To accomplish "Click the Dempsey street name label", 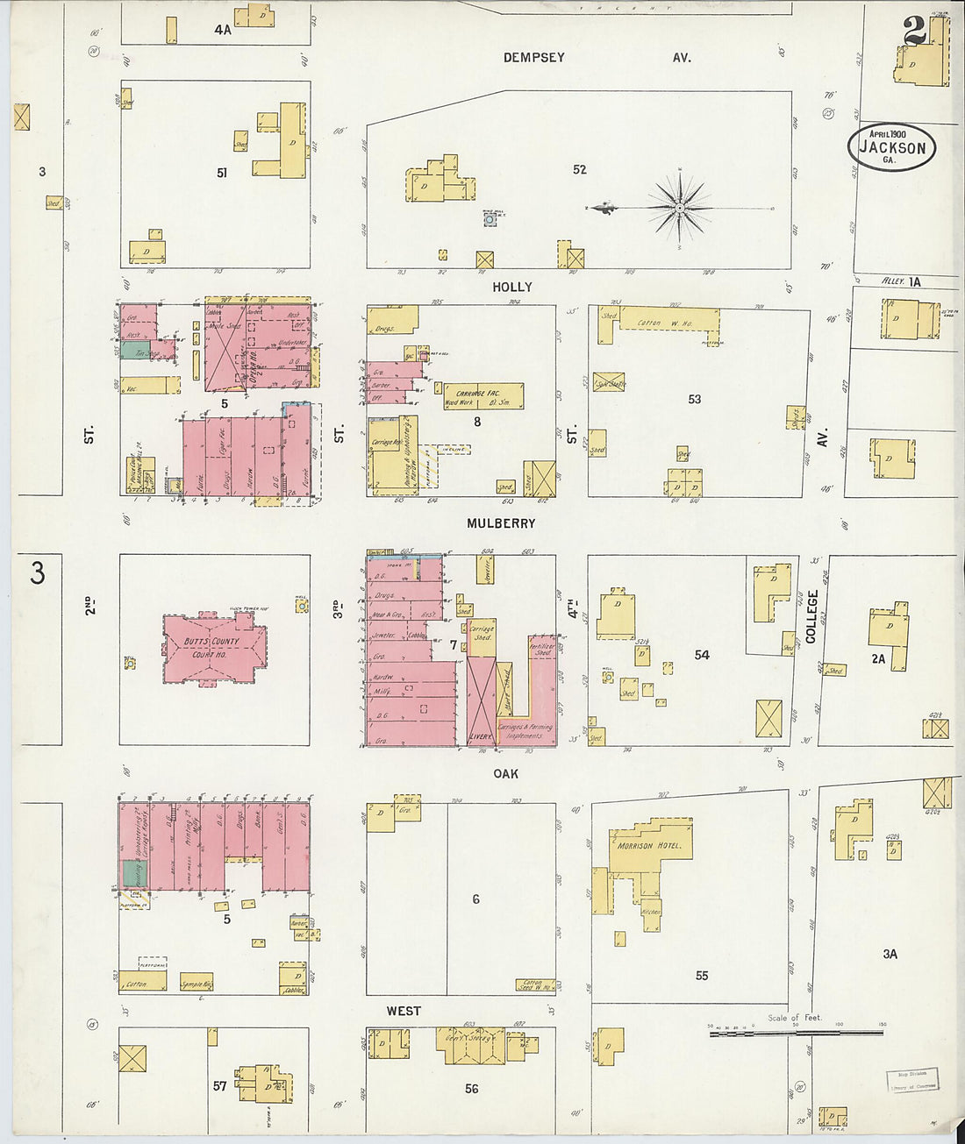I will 533,58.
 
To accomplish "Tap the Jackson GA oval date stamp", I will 891,147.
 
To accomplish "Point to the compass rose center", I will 680,208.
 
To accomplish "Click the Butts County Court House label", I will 211,647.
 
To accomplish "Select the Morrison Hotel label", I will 649,847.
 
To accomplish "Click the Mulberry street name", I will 500,523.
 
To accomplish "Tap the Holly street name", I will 511,288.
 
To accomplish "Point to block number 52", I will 579,169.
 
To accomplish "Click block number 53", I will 694,399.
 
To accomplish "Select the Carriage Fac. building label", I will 482,394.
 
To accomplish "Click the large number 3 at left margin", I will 37,572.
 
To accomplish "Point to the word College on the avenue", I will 811,616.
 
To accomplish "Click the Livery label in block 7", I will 482,736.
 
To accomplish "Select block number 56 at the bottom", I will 471,1088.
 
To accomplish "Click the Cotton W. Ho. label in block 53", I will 664,323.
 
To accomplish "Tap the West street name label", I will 404,1011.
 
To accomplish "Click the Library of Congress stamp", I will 912,1080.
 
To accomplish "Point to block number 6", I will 475,899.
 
